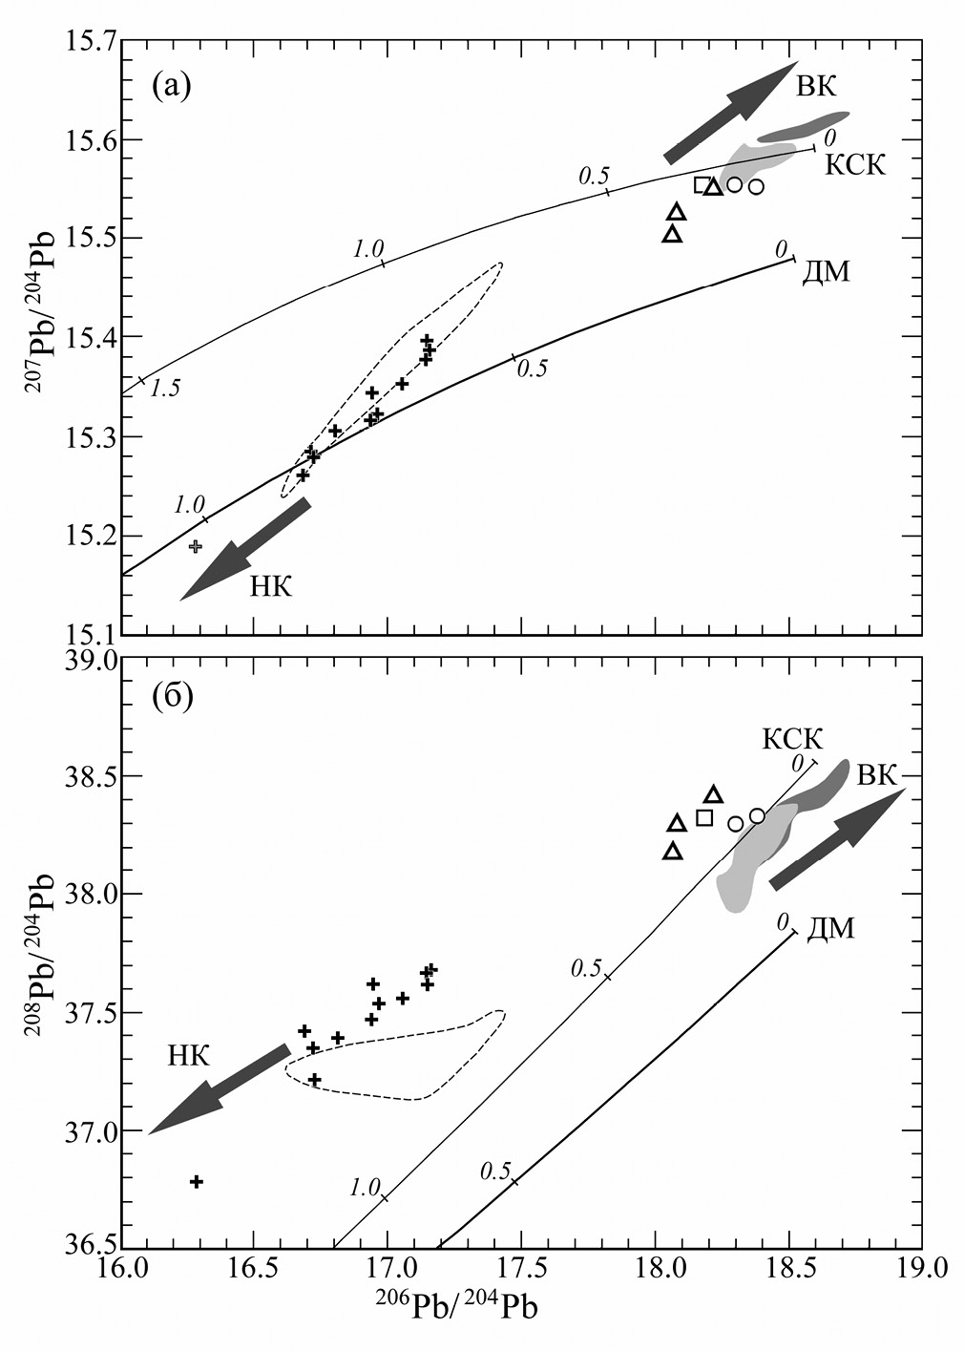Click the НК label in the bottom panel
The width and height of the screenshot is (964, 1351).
[x=188, y=1055]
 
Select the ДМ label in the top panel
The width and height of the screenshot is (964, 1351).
[x=826, y=272]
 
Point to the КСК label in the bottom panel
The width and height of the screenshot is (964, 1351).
[x=792, y=738]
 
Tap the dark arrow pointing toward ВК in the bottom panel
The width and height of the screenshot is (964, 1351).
[x=837, y=840]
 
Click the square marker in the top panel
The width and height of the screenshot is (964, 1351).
[x=702, y=184]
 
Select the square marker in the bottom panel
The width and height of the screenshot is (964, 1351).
[x=704, y=817]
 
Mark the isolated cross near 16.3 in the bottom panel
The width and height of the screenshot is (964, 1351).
[x=197, y=1181]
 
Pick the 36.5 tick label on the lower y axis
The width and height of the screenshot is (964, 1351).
[x=89, y=1247]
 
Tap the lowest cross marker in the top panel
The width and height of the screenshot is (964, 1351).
[x=196, y=546]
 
